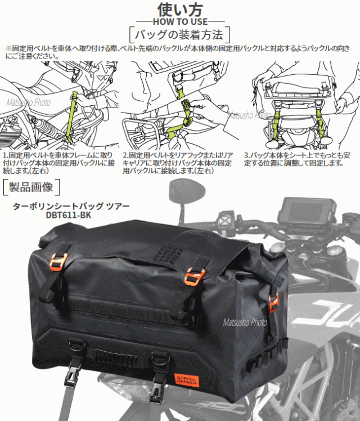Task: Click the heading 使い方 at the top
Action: [180, 10]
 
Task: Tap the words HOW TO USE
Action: [180, 21]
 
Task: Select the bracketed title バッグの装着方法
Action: [179, 35]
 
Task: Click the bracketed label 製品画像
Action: [31, 187]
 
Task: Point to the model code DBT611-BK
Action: [69, 215]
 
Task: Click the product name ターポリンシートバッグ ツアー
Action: [71, 206]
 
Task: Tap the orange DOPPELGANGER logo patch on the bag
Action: [187, 380]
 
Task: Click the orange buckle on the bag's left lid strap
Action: [58, 262]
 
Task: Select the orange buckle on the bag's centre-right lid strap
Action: [194, 275]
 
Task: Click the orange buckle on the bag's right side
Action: [273, 303]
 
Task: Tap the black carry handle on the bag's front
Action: [115, 357]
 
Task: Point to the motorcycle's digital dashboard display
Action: [307, 210]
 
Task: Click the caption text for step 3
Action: [297, 159]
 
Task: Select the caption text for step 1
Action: [58, 163]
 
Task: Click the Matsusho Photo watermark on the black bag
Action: [245, 322]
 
